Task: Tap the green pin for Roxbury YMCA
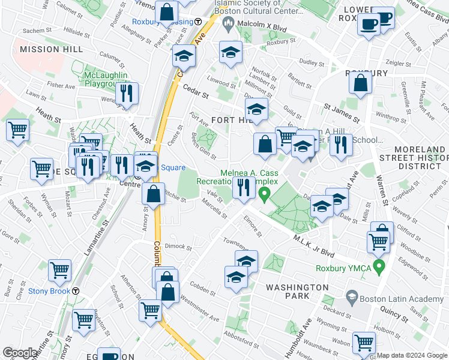[x=378, y=265]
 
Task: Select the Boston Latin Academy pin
[x=352, y=296]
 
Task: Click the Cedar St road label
[x=196, y=91]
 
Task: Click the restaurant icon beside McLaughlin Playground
[x=126, y=94]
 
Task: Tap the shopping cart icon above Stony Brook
[x=59, y=270]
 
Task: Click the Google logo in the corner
[x=20, y=353]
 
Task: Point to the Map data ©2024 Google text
[x=411, y=355]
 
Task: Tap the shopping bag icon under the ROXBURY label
[x=360, y=85]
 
